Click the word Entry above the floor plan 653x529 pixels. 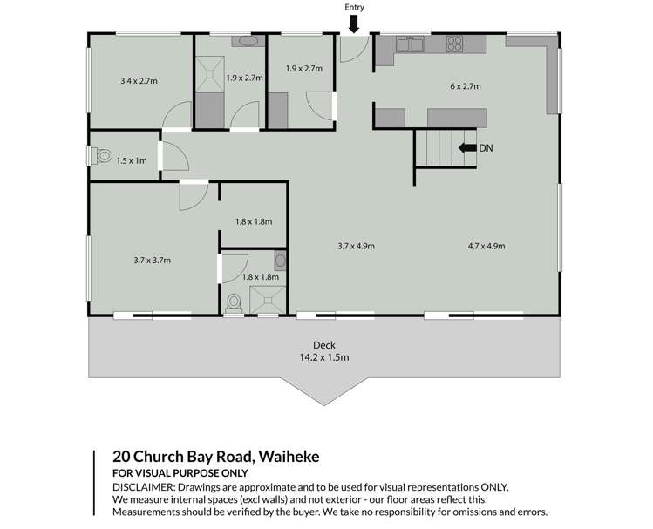[x=353, y=7]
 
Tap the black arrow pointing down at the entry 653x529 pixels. [x=353, y=22]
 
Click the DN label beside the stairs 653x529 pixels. [x=486, y=148]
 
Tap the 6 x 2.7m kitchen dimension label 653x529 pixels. [x=466, y=86]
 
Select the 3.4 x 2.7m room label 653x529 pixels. [x=139, y=81]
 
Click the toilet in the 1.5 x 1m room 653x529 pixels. [x=102, y=156]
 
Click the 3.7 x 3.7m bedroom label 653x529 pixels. [x=152, y=259]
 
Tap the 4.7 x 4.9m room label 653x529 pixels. [x=486, y=246]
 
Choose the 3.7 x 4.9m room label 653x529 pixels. [x=356, y=246]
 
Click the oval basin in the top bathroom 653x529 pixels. [x=248, y=40]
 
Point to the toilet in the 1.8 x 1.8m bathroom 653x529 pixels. [x=233, y=302]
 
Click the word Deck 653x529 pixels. [x=323, y=344]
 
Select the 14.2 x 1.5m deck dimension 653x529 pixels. [x=323, y=357]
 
